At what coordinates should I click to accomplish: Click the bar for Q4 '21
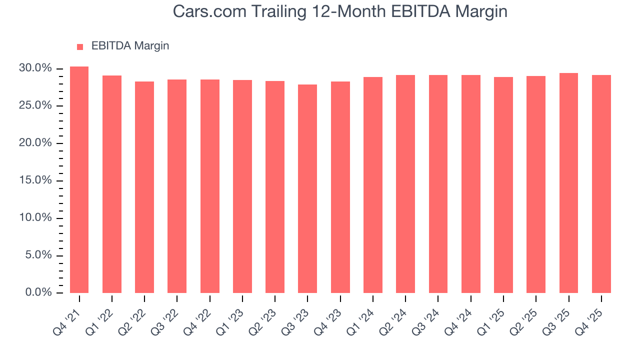click(79, 180)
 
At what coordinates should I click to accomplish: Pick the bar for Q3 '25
click(568, 183)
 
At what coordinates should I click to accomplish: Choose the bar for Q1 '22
click(112, 184)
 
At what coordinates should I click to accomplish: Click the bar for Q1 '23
click(242, 186)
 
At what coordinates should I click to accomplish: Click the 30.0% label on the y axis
click(35, 68)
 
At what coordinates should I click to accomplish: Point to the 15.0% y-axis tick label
click(35, 180)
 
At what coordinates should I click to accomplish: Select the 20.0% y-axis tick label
click(35, 143)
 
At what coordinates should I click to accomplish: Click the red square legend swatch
click(80, 46)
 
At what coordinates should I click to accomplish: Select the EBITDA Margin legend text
click(130, 46)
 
